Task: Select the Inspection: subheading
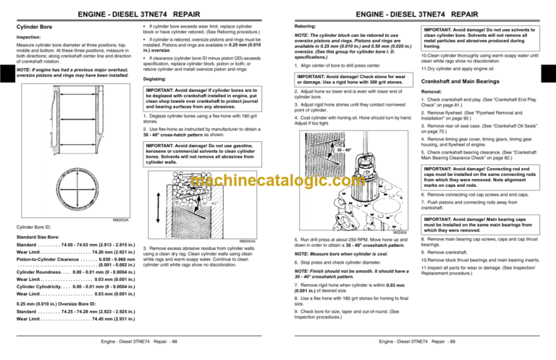point(28,35)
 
